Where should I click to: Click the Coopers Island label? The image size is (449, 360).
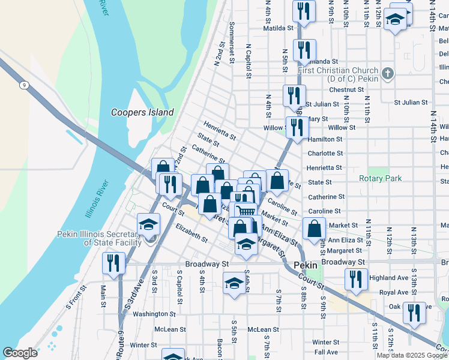[142, 112]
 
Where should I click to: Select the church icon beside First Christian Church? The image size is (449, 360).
[388, 73]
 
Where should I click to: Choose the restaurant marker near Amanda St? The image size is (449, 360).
[304, 50]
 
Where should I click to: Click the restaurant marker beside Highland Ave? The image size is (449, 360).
[356, 279]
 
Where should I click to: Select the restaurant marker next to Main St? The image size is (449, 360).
[113, 263]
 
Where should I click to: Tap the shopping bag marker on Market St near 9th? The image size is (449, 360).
[314, 229]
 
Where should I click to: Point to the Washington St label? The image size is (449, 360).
[154, 314]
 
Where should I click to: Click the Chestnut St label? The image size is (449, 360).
[346, 89]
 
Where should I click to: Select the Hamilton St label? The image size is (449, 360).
[325, 139]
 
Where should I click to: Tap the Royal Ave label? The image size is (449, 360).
[394, 293]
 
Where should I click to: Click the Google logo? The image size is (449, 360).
[20, 353]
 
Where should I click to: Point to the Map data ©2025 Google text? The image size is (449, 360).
[411, 355]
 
